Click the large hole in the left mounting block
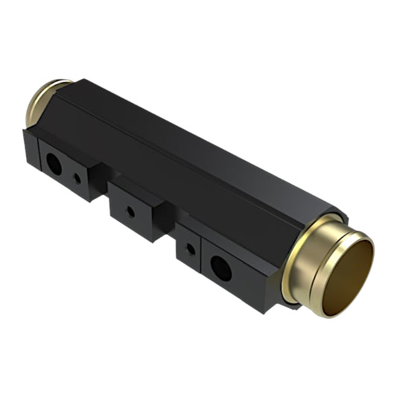click(x=54, y=164)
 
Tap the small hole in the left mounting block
click(x=77, y=179)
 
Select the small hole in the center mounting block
click(x=131, y=212)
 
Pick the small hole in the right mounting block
click(x=191, y=250)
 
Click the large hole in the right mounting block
click(x=221, y=267)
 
